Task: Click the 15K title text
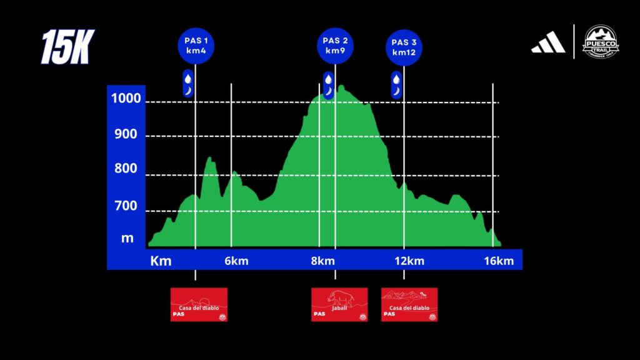tap(66, 47)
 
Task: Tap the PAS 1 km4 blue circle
tap(196, 46)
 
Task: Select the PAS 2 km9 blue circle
tap(335, 46)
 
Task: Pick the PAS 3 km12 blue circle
tap(404, 47)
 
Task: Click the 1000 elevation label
tap(126, 98)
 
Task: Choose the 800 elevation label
tap(126, 168)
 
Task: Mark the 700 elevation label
tap(126, 205)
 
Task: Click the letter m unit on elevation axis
tap(127, 237)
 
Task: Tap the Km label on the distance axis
tap(161, 261)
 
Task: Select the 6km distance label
tap(236, 261)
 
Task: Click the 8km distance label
tap(322, 261)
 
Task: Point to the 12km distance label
tap(409, 261)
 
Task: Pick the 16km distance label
tap(499, 261)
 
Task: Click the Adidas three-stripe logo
tap(548, 42)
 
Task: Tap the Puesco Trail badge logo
tap(601, 42)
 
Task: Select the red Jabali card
tap(339, 304)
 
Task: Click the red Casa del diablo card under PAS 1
tap(199, 304)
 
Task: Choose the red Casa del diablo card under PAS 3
tap(409, 304)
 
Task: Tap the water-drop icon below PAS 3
tap(396, 78)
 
